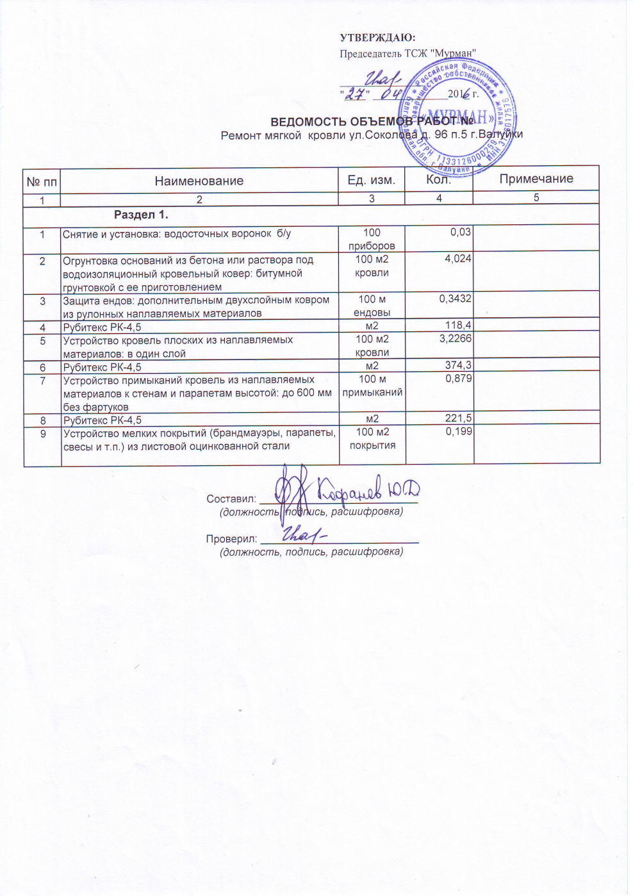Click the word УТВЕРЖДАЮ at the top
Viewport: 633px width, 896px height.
point(377,38)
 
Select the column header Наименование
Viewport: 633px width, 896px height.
point(199,181)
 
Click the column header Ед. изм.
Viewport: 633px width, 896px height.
point(372,180)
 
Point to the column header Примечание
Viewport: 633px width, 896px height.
point(536,179)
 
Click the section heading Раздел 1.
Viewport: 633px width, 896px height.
point(141,215)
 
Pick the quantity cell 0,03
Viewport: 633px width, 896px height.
point(460,232)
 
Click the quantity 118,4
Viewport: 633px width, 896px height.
point(458,326)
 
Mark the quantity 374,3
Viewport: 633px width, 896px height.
point(458,365)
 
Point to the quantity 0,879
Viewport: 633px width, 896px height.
point(458,378)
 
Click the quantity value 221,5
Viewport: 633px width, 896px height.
point(458,419)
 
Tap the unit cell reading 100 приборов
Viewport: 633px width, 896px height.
point(372,238)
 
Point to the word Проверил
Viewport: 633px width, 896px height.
point(231,539)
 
